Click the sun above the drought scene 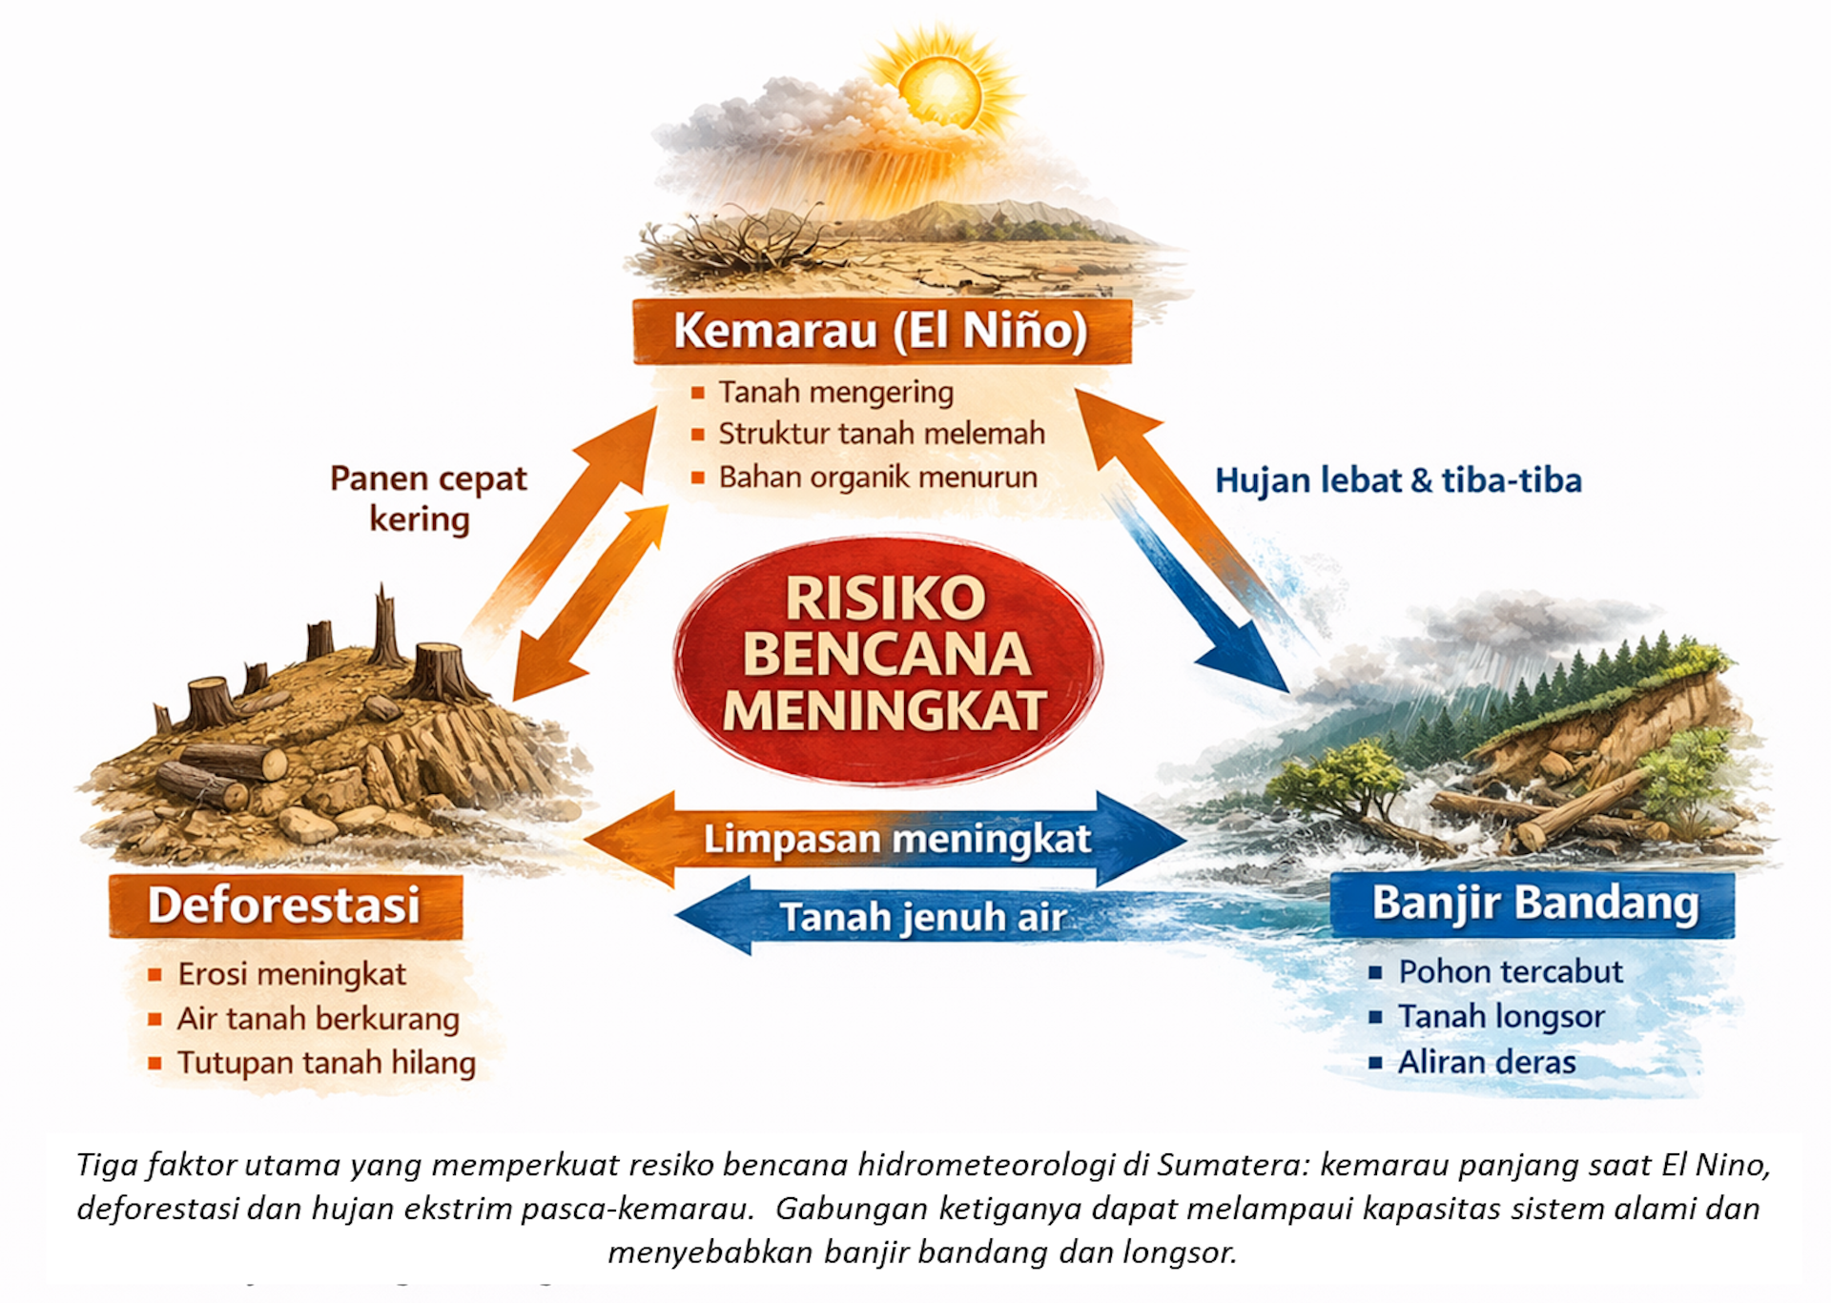tap(940, 90)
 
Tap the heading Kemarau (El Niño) tap(881, 331)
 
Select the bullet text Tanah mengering tap(835, 392)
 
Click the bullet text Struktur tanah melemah tap(881, 434)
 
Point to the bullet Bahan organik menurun tap(877, 477)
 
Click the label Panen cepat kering tap(427, 499)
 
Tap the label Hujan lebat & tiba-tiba tap(1398, 480)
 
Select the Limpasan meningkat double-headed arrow tap(896, 840)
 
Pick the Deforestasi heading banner tap(284, 906)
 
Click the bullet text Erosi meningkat tap(292, 974)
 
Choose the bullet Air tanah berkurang tap(318, 1019)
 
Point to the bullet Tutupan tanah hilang tap(326, 1063)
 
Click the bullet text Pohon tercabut tap(1510, 971)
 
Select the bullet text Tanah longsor tap(1501, 1017)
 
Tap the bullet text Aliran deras tap(1487, 1062)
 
